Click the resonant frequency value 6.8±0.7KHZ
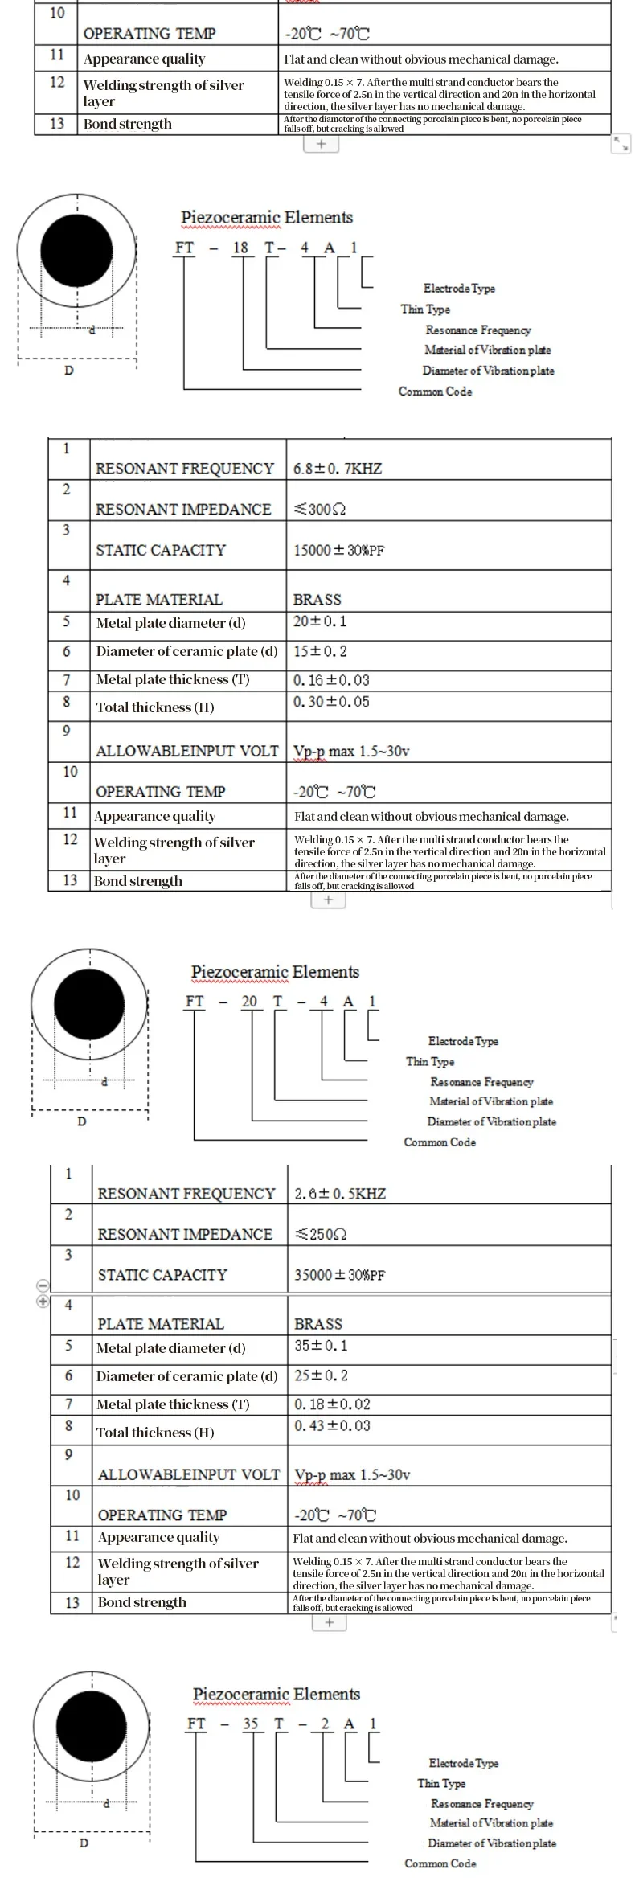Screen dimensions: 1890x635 (x=338, y=469)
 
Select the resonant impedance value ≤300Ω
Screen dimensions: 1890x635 (x=320, y=510)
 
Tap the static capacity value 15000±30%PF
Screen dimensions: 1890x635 (x=338, y=551)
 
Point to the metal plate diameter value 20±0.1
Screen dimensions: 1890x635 (x=320, y=621)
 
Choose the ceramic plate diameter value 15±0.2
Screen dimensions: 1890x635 (x=320, y=651)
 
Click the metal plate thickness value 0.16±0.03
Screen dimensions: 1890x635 (x=331, y=680)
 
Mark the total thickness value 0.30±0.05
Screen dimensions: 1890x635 (x=331, y=702)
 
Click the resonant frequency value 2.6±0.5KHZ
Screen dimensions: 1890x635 (x=340, y=1194)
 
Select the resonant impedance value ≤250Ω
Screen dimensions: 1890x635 (x=321, y=1235)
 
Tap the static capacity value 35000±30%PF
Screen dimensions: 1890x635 (x=339, y=1275)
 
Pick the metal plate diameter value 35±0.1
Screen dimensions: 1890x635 (x=321, y=1346)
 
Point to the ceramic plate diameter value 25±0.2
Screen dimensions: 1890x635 (x=321, y=1375)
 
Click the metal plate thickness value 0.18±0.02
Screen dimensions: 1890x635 (x=332, y=1404)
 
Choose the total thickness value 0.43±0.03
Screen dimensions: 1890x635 (x=332, y=1425)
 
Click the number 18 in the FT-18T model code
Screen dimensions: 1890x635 (x=240, y=248)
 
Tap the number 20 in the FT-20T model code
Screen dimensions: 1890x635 (x=249, y=1002)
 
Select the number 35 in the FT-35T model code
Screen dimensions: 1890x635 (x=251, y=1724)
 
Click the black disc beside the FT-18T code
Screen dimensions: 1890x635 (x=77, y=250)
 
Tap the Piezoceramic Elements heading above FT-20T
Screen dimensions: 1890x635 (x=275, y=972)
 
